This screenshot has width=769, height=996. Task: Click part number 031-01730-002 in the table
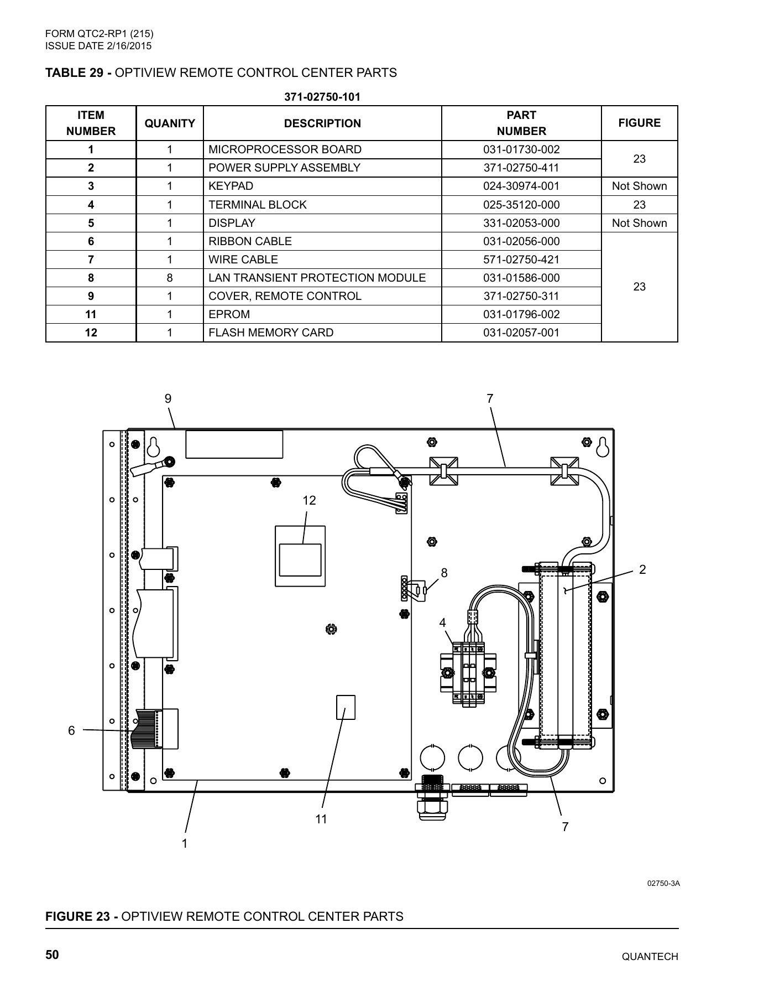pyautogui.click(x=521, y=149)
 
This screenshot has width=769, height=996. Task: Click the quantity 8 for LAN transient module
pyautogui.click(x=170, y=278)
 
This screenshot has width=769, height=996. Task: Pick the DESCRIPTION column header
pyautogui.click(x=322, y=123)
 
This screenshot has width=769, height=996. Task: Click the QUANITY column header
pyautogui.click(x=170, y=123)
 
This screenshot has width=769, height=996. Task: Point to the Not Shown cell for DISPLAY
pyautogui.click(x=639, y=223)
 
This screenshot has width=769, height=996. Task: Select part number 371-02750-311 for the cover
pyautogui.click(x=521, y=296)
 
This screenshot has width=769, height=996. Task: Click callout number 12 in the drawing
pyautogui.click(x=309, y=500)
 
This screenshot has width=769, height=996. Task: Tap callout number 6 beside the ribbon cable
pyautogui.click(x=71, y=730)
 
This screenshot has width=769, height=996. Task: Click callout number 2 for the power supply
pyautogui.click(x=642, y=569)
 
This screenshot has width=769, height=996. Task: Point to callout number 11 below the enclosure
pyautogui.click(x=321, y=819)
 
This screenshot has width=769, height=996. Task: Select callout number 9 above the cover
pyautogui.click(x=168, y=398)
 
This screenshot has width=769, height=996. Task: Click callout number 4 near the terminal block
pyautogui.click(x=442, y=623)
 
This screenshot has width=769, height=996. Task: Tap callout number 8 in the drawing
pyautogui.click(x=443, y=573)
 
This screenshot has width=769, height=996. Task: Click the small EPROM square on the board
pyautogui.click(x=346, y=707)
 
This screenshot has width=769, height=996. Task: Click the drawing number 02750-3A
pyautogui.click(x=663, y=883)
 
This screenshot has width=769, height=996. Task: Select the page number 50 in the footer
pyautogui.click(x=53, y=955)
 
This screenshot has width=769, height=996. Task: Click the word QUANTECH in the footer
pyautogui.click(x=650, y=957)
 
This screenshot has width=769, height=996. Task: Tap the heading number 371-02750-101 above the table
pyautogui.click(x=322, y=97)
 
